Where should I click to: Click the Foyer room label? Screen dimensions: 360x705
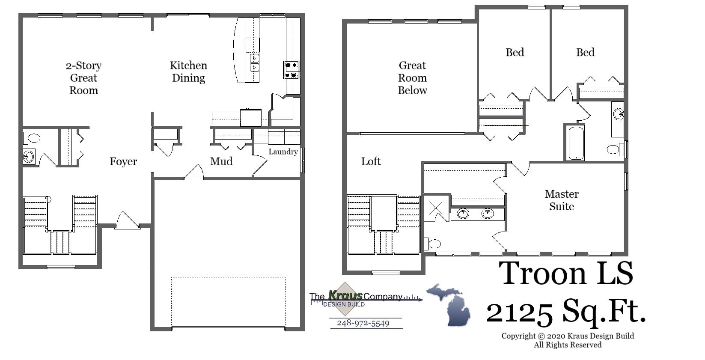[x=123, y=161]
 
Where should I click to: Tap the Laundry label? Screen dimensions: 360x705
[x=283, y=152]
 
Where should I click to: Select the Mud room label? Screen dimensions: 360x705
[x=221, y=161]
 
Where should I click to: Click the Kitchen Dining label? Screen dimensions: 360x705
[x=188, y=71]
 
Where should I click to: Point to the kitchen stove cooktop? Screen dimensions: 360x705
[x=292, y=70]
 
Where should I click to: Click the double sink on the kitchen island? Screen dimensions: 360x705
[x=255, y=62]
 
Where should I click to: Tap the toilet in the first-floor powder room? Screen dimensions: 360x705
[x=32, y=138]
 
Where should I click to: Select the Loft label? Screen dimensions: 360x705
[x=371, y=161]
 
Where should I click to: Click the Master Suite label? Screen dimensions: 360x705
[x=562, y=200]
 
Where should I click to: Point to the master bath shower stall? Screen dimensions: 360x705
[x=436, y=208]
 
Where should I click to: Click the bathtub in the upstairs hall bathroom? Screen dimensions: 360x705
[x=575, y=143]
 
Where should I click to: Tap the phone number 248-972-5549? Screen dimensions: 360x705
[x=363, y=323]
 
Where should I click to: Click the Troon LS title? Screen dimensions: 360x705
[x=566, y=273]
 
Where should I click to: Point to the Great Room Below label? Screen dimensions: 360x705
[x=412, y=77]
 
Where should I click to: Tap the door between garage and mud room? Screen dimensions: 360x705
[x=194, y=172]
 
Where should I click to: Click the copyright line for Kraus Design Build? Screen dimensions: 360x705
[x=568, y=336]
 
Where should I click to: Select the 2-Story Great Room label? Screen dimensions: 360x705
[x=84, y=77]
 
